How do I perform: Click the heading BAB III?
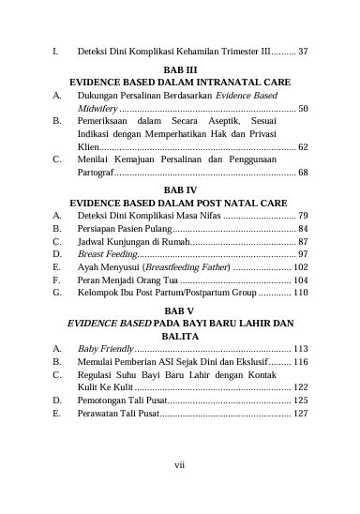point(179,69)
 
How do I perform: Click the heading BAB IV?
point(179,189)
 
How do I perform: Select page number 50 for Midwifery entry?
point(303,109)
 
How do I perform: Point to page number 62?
point(303,147)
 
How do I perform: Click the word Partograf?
point(97,174)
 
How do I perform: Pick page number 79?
point(303,215)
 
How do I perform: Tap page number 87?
point(303,241)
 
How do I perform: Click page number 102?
point(300,267)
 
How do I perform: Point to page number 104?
point(300,280)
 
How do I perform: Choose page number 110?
point(300,294)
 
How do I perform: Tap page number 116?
point(300,360)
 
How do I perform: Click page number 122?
point(300,386)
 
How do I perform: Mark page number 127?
point(300,413)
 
